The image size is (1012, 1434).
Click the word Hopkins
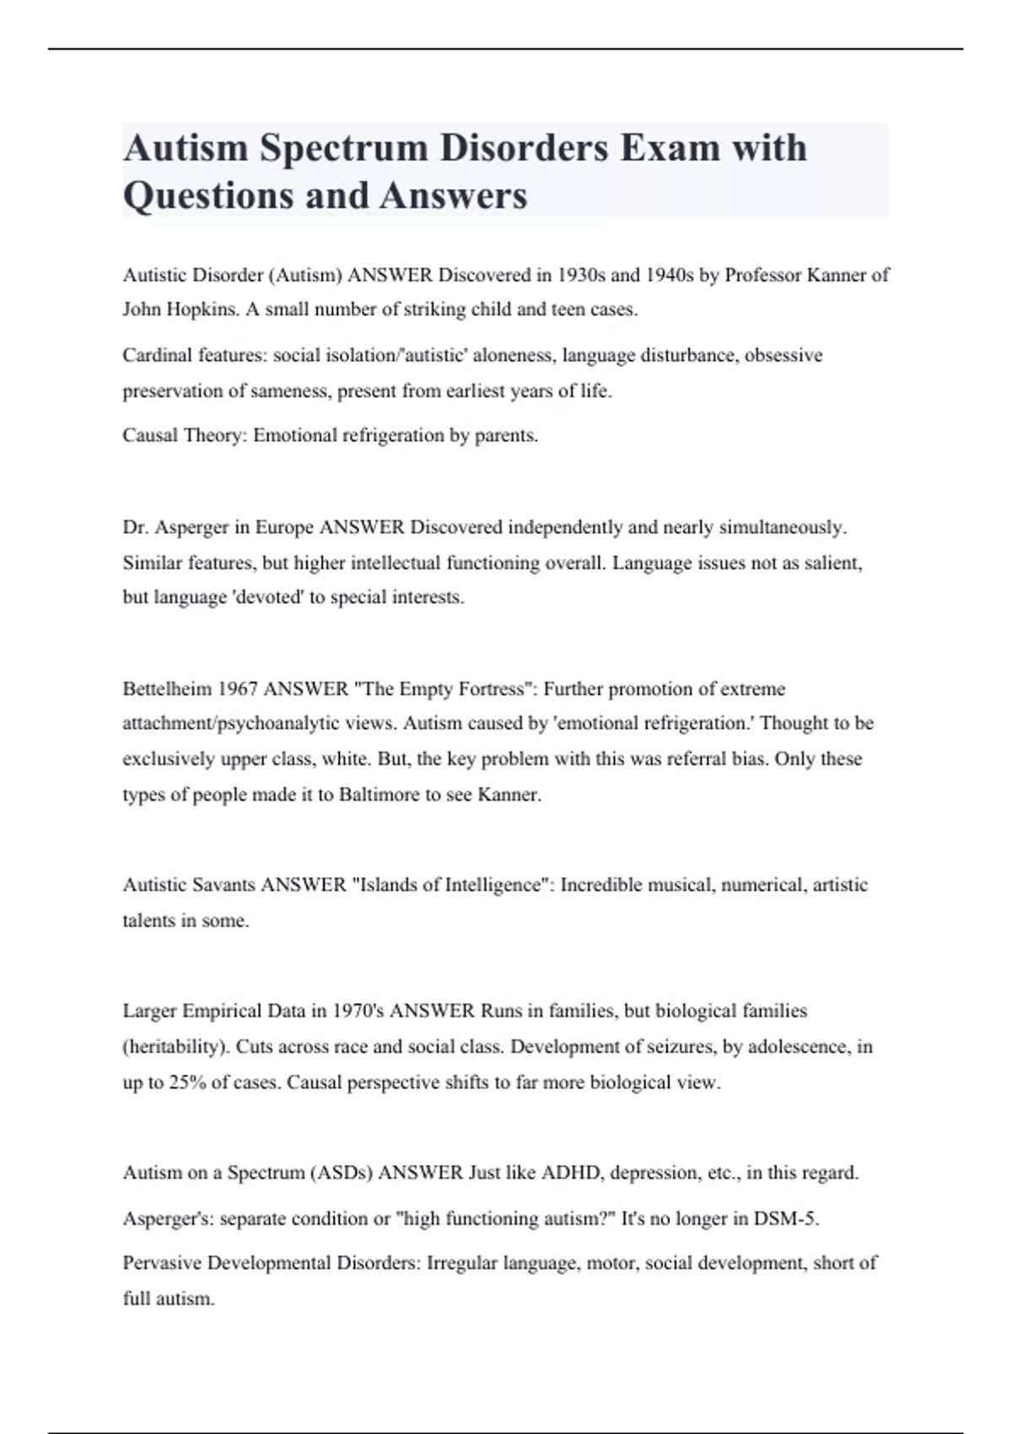click(202, 310)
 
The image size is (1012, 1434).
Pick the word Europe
click(284, 527)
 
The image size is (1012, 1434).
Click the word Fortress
click(493, 689)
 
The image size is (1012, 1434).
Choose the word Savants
click(224, 885)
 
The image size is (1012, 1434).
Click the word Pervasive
click(162, 1263)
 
